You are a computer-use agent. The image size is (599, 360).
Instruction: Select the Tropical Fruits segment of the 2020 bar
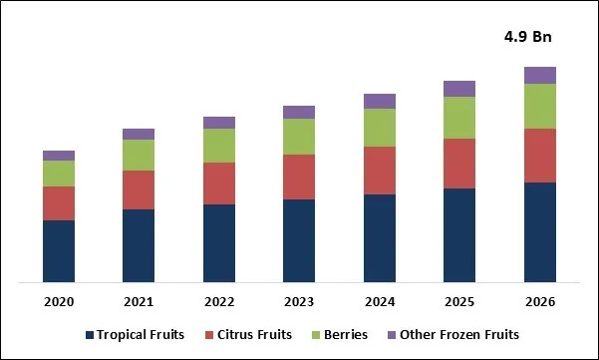click(x=59, y=250)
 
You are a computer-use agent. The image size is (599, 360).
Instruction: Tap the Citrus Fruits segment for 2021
click(x=139, y=189)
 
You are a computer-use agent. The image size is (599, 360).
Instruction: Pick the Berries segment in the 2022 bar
click(x=218, y=146)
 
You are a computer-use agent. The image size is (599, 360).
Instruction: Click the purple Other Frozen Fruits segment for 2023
click(x=299, y=112)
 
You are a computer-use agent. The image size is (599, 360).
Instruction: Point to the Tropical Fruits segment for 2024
click(x=379, y=237)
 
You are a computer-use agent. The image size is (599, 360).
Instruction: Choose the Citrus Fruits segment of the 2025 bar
click(x=458, y=163)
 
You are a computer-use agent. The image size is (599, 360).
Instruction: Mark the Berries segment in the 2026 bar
click(x=539, y=106)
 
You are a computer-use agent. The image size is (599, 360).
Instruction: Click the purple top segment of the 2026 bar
click(x=539, y=75)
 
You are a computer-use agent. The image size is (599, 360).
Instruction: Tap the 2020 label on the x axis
click(x=59, y=301)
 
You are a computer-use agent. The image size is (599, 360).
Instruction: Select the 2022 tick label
click(x=218, y=301)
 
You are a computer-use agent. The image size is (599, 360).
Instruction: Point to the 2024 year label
click(x=379, y=301)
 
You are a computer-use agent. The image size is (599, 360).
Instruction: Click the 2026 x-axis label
click(x=539, y=301)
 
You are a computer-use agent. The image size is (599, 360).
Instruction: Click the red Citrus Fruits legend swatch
click(x=208, y=335)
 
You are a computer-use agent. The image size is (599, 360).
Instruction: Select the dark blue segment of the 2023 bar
click(x=299, y=240)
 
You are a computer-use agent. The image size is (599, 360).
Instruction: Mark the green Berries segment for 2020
click(x=59, y=174)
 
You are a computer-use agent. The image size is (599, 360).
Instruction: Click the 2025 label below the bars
click(x=458, y=301)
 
